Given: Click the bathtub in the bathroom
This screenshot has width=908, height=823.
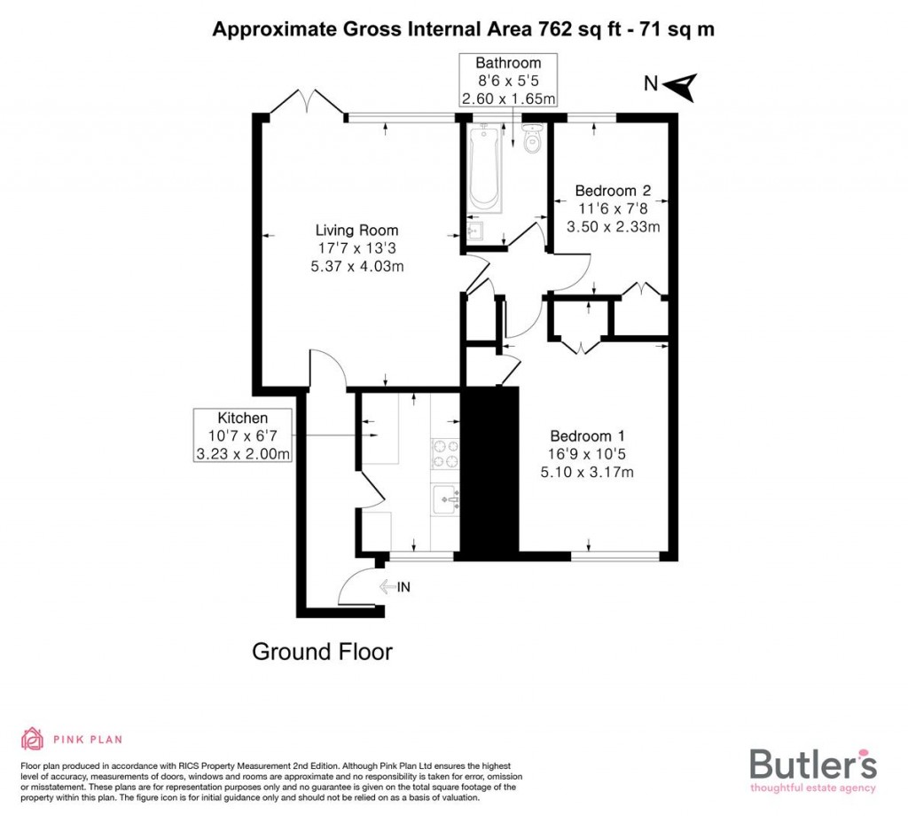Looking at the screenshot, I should tap(485, 169).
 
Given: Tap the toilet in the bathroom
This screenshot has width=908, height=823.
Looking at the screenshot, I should tap(532, 140).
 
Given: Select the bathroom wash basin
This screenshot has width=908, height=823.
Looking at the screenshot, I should tap(474, 231).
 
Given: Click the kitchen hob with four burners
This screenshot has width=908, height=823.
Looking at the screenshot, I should tap(445, 454).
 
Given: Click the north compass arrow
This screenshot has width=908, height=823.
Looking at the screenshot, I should tap(681, 85).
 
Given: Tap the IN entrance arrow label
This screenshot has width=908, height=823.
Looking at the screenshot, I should tap(395, 586).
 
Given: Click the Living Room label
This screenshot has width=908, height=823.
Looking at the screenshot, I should tap(357, 231).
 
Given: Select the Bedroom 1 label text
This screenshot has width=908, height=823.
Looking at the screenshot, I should tap(587, 435).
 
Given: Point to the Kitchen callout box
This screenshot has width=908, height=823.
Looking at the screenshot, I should tap(243, 435).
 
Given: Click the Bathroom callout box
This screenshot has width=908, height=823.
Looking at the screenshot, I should tap(508, 81).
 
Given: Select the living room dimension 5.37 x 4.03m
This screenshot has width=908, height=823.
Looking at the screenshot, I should tap(357, 267).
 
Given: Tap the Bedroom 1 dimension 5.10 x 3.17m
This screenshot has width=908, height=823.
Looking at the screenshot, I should tap(587, 472).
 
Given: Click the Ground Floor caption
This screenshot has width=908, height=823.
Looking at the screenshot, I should tap(322, 652).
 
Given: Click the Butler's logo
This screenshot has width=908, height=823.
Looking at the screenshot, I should tap(813, 768).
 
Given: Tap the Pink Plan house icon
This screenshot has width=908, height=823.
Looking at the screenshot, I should tap(32, 738).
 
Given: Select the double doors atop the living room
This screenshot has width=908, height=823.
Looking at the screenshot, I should tap(307, 101).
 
